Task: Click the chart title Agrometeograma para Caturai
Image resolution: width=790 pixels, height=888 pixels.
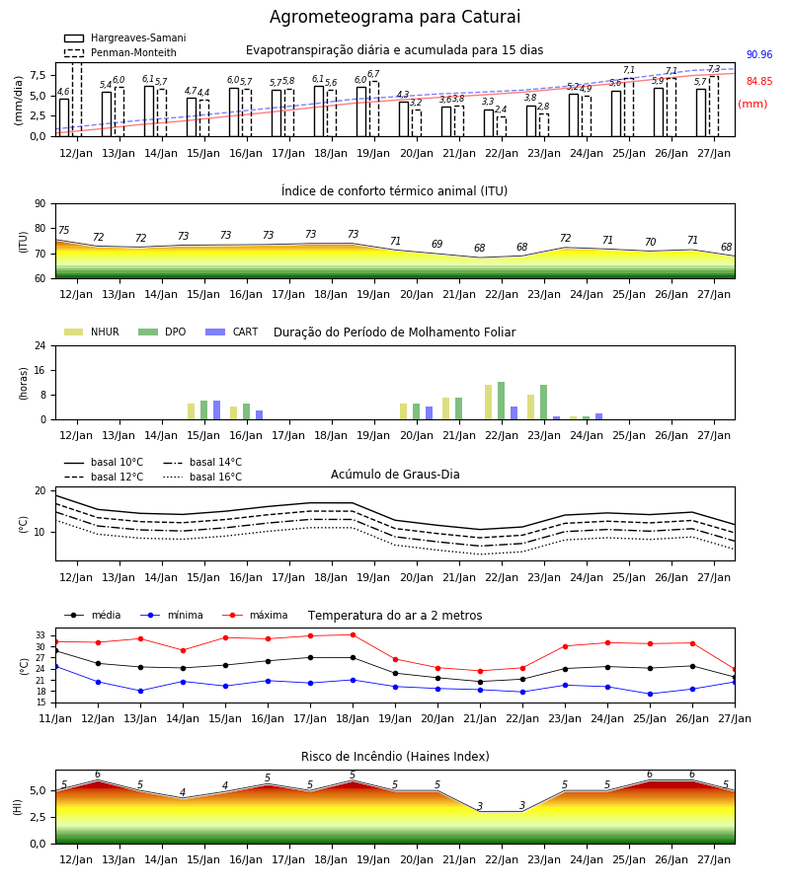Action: tap(394, 17)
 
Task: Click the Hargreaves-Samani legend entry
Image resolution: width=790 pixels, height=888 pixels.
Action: tap(124, 37)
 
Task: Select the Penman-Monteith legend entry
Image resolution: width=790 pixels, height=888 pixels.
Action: tap(120, 52)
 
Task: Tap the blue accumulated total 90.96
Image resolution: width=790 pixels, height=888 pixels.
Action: tap(758, 55)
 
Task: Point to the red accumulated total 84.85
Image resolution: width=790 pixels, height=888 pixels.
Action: tap(758, 82)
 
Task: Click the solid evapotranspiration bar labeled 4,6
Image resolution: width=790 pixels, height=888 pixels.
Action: tap(64, 117)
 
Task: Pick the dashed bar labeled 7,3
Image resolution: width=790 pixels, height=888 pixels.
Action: tap(714, 107)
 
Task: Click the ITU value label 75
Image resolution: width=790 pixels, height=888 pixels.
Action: tap(63, 230)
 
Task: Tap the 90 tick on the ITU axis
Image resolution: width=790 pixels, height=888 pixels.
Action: tap(40, 204)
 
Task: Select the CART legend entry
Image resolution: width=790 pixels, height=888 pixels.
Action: tap(232, 332)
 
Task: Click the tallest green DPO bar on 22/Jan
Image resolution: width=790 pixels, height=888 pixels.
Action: tap(501, 401)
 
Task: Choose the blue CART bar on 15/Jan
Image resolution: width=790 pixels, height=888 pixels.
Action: tap(216, 410)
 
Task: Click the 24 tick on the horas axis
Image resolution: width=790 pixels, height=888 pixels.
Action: tap(40, 345)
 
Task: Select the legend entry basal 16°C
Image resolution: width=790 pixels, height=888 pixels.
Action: tap(202, 477)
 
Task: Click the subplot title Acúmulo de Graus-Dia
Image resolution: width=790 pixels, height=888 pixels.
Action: tap(395, 475)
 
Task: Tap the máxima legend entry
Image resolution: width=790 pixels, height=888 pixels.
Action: tap(255, 615)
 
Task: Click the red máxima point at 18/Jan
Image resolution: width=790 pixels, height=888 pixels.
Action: tap(354, 634)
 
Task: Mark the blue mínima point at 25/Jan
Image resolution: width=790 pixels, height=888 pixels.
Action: tap(650, 694)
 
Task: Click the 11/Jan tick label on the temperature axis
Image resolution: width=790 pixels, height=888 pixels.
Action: tap(55, 718)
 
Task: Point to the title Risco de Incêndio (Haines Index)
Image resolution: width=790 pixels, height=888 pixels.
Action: tap(395, 757)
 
